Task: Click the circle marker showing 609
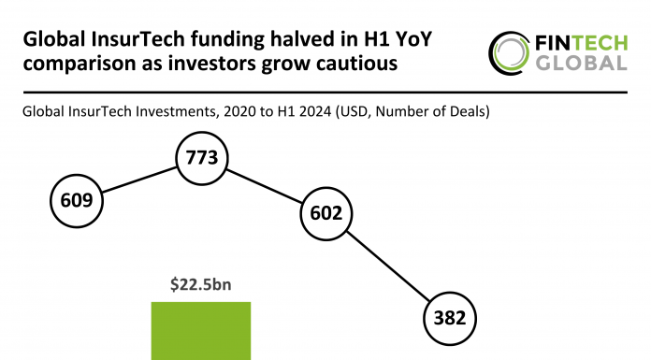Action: [x=76, y=199]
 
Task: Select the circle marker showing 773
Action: [x=202, y=158]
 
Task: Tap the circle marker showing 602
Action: [x=327, y=214]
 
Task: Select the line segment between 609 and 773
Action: [x=139, y=179]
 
